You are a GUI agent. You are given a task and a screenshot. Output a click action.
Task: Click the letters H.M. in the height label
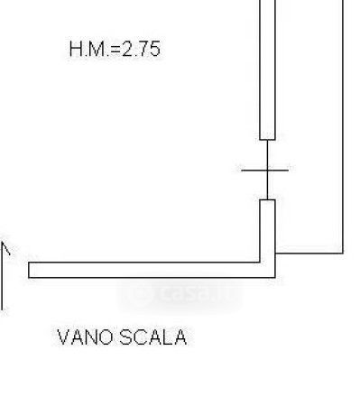tap(90, 49)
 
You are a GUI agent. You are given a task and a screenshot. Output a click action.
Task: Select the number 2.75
tap(141, 49)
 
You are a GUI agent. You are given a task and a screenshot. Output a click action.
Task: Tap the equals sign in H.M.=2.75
tap(115, 50)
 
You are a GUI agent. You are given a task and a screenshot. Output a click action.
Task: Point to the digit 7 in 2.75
tap(141, 49)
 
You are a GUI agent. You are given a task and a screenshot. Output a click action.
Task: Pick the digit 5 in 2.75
tap(153, 50)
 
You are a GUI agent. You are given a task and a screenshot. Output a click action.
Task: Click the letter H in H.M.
tap(76, 49)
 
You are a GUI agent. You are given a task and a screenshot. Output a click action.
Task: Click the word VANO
tap(85, 337)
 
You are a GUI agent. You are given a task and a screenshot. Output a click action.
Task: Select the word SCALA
tap(153, 337)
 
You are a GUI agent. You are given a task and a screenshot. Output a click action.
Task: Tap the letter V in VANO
tap(63, 337)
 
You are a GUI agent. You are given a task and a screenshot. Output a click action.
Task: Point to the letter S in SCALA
tap(125, 337)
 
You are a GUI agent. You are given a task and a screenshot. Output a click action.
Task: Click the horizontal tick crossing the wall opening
tap(265, 171)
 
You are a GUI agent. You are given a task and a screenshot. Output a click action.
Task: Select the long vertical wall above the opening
tap(267, 69)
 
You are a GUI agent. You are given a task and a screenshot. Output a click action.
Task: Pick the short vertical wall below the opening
tap(267, 230)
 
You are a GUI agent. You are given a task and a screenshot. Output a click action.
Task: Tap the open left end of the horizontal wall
tap(29, 270)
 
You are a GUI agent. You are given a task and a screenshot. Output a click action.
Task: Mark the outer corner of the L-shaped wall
tap(275, 277)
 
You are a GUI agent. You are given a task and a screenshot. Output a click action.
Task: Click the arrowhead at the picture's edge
tap(5, 248)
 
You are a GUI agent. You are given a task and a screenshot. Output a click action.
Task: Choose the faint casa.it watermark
tap(180, 294)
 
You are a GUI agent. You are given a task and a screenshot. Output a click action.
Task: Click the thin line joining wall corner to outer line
tap(309, 254)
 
